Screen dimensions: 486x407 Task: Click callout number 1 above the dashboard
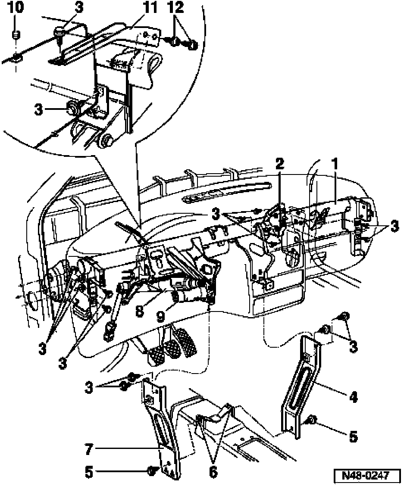pyautogui.click(x=335, y=165)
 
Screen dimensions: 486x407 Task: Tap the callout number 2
pyautogui.click(x=280, y=164)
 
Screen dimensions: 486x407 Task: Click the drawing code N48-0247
pyautogui.click(x=365, y=476)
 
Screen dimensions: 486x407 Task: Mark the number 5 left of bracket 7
pyautogui.click(x=89, y=472)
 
